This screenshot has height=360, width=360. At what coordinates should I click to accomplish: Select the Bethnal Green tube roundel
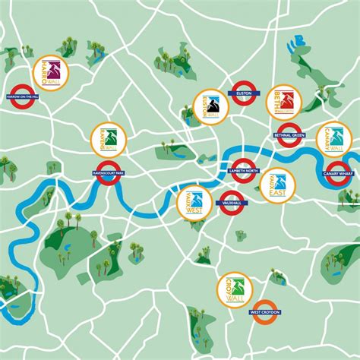click(x=289, y=134)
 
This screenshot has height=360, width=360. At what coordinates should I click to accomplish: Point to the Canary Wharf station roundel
click(x=339, y=172)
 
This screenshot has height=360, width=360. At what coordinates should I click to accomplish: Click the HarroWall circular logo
click(x=52, y=73)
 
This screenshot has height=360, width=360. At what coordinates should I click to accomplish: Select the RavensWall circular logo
click(x=108, y=139)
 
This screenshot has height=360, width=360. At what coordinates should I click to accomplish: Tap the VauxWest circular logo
click(x=194, y=202)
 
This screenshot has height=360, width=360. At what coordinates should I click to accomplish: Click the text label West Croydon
click(x=265, y=312)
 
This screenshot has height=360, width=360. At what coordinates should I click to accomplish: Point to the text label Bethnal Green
click(x=289, y=135)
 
